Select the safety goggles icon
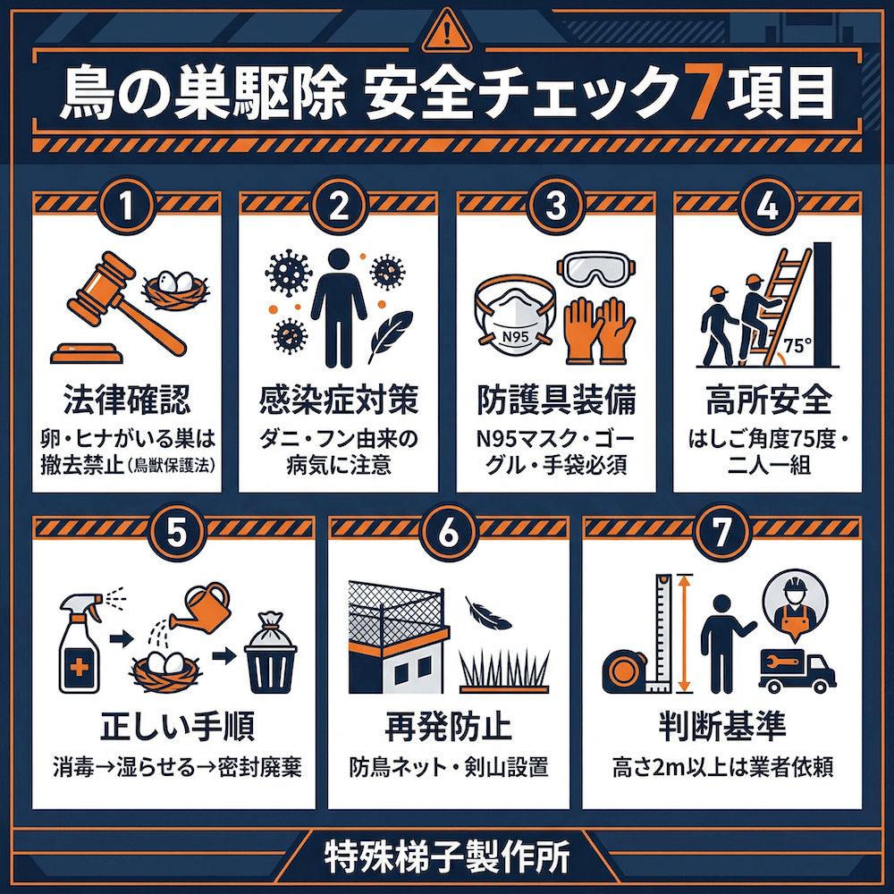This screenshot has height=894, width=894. click(x=598, y=269)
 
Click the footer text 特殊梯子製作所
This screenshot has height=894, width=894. click(x=446, y=856)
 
